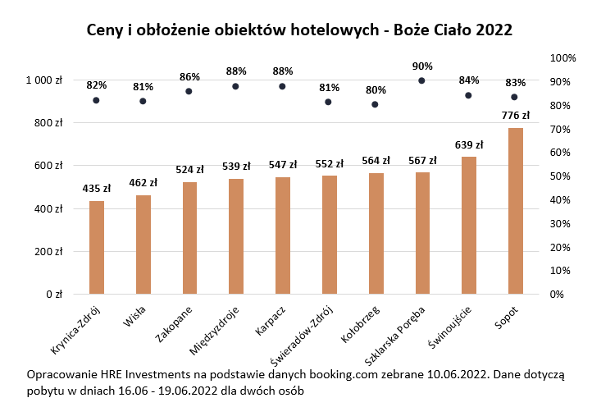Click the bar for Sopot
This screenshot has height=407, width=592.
coord(516,211)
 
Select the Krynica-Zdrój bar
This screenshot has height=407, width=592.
coord(97,247)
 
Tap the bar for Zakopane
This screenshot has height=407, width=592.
coord(190,238)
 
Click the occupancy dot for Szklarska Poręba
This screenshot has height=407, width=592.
coord(421,80)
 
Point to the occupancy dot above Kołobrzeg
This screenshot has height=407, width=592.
coord(375,104)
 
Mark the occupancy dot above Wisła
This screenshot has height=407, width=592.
coord(143,101)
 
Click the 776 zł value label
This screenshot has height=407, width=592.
coord(516,115)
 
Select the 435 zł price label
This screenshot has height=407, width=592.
coord(97,188)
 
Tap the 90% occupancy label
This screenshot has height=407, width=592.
coord(422,66)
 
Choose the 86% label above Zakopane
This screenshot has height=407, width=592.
coord(189,76)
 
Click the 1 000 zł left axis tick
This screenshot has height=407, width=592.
coord(44,80)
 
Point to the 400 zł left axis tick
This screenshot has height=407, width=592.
coord(48,208)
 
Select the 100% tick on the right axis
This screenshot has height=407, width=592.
coord(562,58)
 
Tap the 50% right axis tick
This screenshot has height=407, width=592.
coord(560,176)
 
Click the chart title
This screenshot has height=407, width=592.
coord(299,30)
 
